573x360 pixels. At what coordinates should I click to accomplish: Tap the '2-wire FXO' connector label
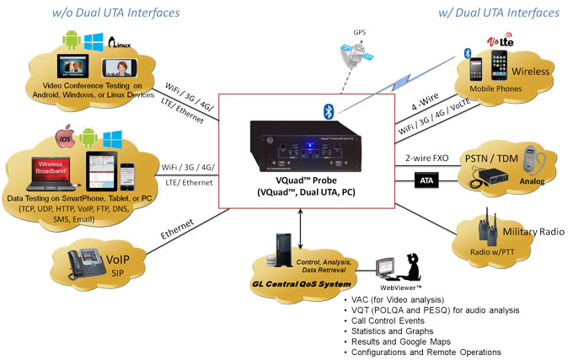click(426, 157)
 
